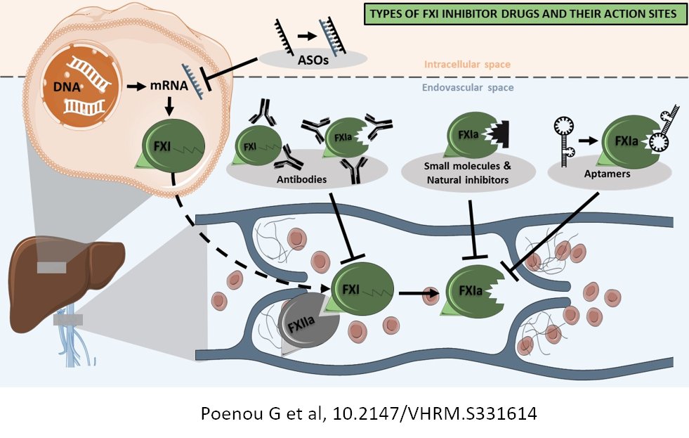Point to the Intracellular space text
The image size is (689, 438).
466,65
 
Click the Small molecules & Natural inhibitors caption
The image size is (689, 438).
469,173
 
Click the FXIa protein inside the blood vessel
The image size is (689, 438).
467,290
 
